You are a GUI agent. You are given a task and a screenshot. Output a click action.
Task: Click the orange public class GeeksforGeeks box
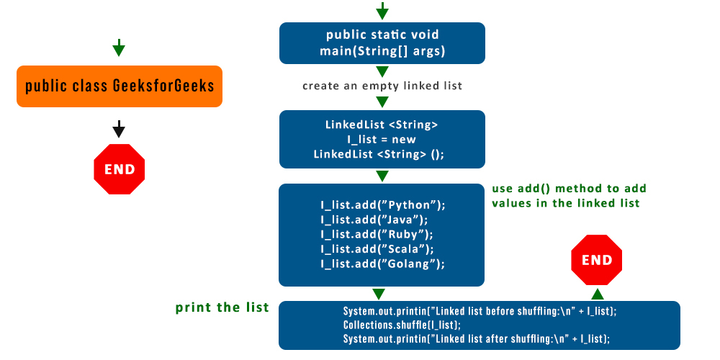coord(120,86)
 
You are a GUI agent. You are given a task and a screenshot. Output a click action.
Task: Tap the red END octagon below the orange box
coord(120,169)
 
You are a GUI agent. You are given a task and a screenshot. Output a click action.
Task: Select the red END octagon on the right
coord(596,260)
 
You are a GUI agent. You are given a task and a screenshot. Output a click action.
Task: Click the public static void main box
coord(382,43)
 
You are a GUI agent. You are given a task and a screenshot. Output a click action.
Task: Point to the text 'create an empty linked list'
coord(382,86)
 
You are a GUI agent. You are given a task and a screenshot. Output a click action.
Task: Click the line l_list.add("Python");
coord(382,204)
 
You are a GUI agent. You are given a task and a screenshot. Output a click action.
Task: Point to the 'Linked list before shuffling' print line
coord(480,312)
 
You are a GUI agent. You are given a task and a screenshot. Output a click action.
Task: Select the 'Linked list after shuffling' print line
coord(476,338)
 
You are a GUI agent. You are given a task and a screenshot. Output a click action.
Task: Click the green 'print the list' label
coord(222,308)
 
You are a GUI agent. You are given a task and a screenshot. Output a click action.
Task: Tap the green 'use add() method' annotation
coord(569,196)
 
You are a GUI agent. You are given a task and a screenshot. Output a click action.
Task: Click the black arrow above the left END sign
coord(120,130)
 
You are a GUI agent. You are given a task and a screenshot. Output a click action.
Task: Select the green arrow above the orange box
coord(120,48)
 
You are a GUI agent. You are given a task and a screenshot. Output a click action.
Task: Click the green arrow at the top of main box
coord(382,11)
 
